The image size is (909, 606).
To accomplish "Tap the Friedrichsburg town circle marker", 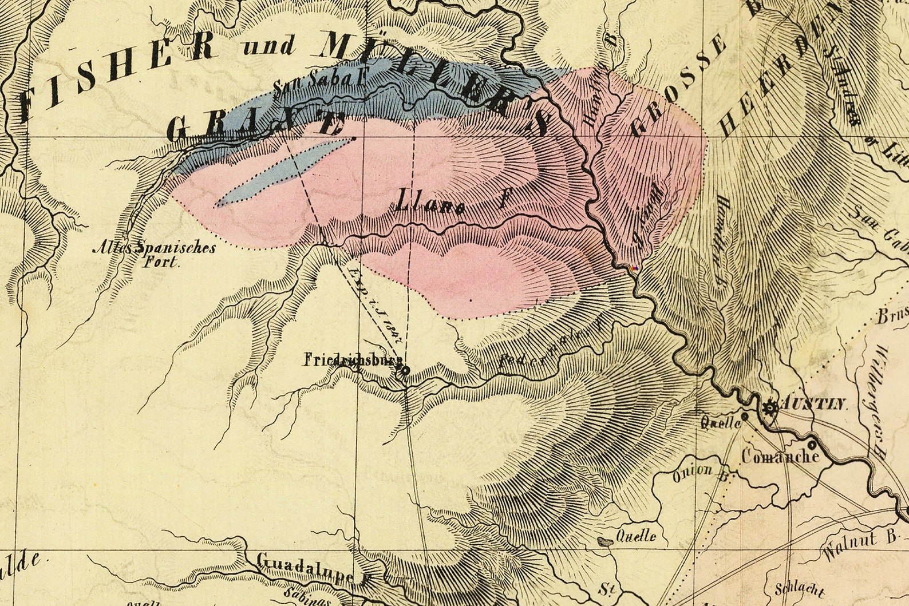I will click(405, 371).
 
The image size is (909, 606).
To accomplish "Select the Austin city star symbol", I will click(770, 408).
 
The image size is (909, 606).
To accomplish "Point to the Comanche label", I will click(780, 456).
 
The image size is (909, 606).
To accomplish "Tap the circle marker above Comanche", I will click(812, 444).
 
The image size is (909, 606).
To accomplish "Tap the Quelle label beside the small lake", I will click(635, 536).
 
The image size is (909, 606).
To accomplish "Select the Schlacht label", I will click(799, 590).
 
